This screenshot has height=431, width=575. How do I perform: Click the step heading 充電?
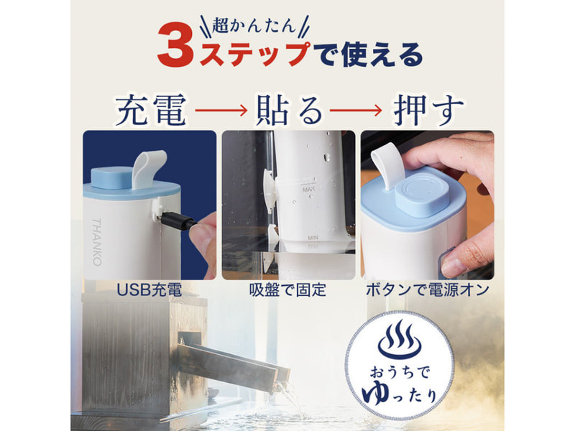(151, 110)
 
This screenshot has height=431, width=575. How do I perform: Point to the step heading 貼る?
(289, 110)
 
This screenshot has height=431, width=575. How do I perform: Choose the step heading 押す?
(428, 110)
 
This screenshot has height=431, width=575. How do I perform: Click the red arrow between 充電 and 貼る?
(221, 110)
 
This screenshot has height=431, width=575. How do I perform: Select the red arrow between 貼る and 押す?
(356, 110)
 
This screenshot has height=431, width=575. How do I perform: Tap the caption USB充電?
(149, 290)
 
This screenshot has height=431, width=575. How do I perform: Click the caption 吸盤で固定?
(288, 290)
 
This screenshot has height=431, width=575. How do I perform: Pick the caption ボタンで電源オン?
(428, 290)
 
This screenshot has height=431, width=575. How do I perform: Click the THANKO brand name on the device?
(96, 242)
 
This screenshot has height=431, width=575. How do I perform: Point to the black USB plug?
(178, 221)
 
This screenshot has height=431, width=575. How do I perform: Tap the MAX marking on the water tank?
(309, 190)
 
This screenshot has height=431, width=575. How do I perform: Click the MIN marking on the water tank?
(313, 238)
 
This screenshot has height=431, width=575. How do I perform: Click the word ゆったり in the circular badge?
(400, 394)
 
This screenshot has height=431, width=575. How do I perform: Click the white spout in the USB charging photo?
(149, 170)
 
